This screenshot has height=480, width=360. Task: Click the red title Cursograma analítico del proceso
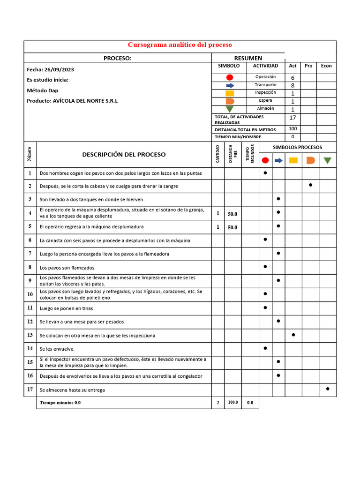(x=180, y=45)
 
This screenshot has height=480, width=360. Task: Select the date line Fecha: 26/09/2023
(x=51, y=69)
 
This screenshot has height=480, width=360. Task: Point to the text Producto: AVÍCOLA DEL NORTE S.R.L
(x=72, y=101)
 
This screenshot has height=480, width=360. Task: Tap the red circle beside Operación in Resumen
(x=230, y=77)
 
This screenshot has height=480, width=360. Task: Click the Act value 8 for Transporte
(x=292, y=86)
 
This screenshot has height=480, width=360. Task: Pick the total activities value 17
(x=292, y=118)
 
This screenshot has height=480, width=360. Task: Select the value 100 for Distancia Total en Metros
(x=292, y=129)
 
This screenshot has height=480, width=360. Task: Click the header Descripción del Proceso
(x=124, y=154)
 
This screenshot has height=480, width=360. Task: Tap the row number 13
(x=30, y=335)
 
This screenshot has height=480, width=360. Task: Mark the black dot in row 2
(x=310, y=185)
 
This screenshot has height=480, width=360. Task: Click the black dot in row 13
(x=293, y=335)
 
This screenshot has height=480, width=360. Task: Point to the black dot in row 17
(x=327, y=389)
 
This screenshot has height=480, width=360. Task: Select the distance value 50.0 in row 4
(x=232, y=214)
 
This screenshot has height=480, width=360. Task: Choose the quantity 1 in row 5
(x=217, y=227)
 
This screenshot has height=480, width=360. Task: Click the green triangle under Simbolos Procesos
(x=327, y=160)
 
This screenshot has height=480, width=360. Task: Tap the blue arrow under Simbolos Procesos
(x=278, y=160)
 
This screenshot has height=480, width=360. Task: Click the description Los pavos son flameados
(x=67, y=268)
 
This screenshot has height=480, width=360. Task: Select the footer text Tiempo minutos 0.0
(x=60, y=403)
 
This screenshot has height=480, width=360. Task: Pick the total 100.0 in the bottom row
(x=232, y=403)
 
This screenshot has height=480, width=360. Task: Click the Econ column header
(x=326, y=66)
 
